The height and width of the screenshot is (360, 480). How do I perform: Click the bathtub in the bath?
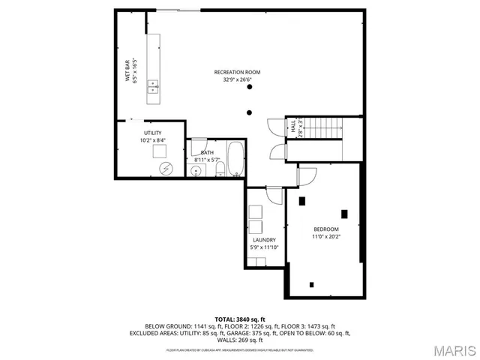pyautogui.click(x=235, y=158)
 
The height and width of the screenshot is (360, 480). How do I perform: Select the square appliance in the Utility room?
pyautogui.click(x=160, y=151)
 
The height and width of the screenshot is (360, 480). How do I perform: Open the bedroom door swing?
pyautogui.click(x=307, y=177)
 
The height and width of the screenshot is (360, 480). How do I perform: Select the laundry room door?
pyautogui.click(x=274, y=194)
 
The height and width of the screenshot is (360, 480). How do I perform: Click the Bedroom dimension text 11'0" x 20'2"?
pyautogui.click(x=325, y=237)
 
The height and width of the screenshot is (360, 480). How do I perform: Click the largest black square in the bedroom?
pyautogui.click(x=345, y=213)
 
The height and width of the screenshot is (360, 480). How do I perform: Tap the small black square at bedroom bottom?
pyautogui.click(x=311, y=284)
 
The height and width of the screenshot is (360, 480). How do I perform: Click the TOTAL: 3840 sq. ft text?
pyautogui.click(x=240, y=319)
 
